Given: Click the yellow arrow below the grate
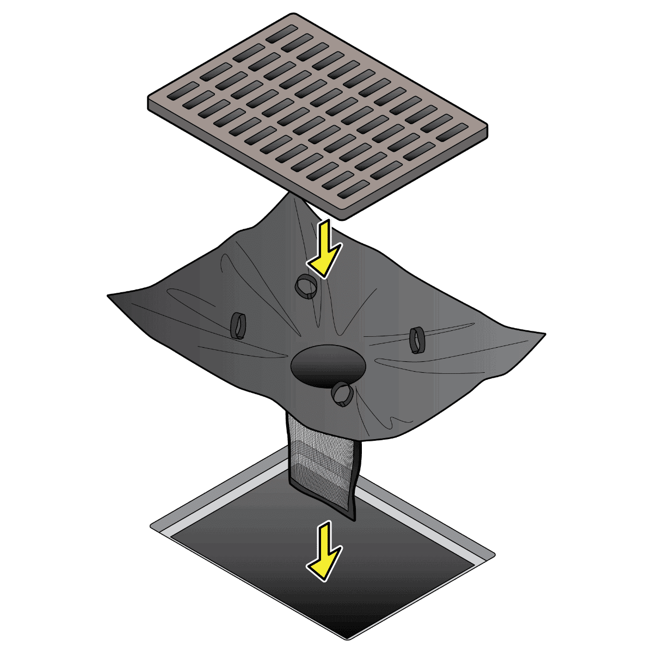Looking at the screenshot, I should pos(325,248).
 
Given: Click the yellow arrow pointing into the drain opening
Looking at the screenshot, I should pos(325,550).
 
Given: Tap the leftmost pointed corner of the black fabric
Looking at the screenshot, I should pos(109,296).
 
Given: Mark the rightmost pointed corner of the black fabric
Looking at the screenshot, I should pos(544,333).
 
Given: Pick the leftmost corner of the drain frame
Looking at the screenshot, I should pos(151,526).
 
